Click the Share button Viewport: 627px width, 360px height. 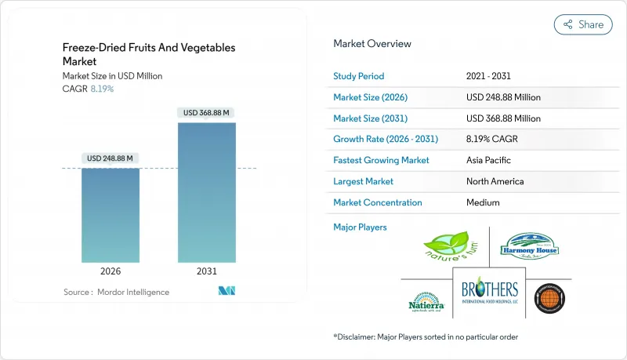(x=583, y=24)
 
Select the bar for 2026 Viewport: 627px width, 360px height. (x=111, y=215)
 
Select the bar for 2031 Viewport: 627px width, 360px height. (x=206, y=192)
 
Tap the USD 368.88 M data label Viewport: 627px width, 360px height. (x=206, y=113)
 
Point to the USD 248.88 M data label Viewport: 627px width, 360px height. (x=111, y=158)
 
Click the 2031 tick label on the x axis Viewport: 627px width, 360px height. (x=206, y=271)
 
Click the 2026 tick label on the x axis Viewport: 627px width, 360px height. (x=111, y=271)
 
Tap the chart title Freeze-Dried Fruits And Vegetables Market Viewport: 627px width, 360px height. (x=149, y=54)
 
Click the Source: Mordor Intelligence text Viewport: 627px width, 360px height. (x=116, y=292)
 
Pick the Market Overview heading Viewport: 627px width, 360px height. (x=372, y=44)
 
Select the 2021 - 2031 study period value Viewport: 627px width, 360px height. (x=490, y=76)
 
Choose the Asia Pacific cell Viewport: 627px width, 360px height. (x=489, y=160)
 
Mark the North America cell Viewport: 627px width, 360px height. (x=495, y=181)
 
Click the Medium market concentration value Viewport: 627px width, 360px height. (x=484, y=202)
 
